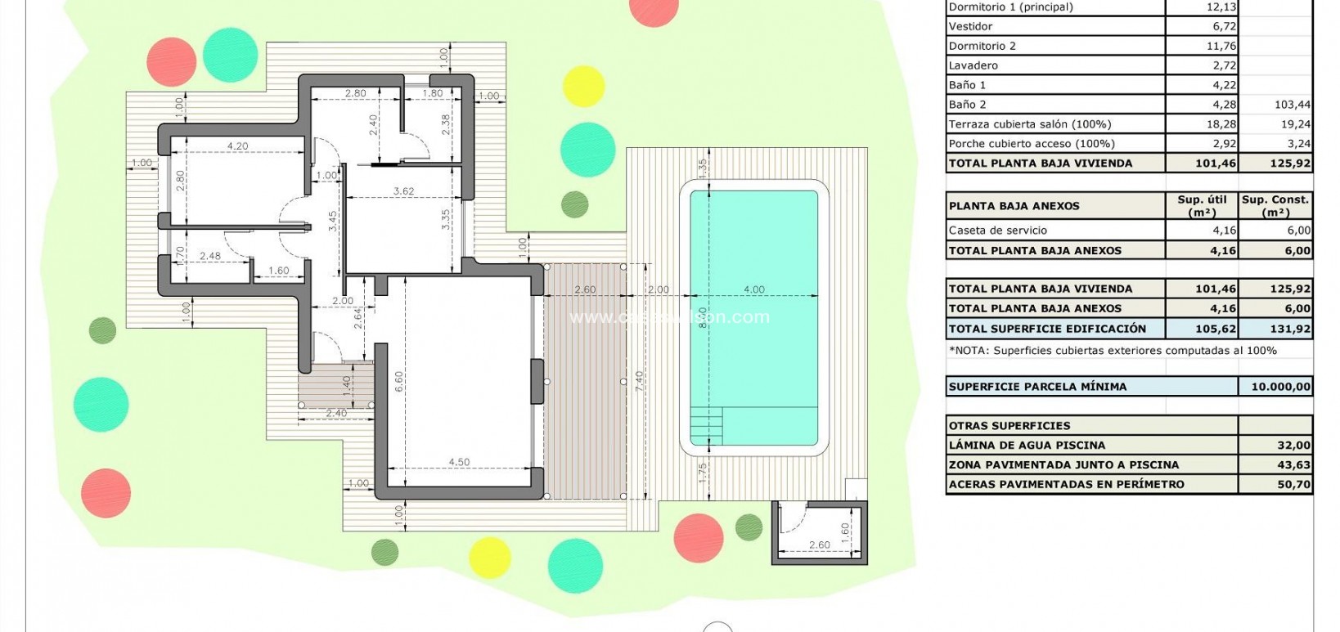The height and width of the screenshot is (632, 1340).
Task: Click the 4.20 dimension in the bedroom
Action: point(237,146)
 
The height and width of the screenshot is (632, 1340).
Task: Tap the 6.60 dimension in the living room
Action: point(398,382)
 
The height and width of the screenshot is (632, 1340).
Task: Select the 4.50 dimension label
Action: point(459,462)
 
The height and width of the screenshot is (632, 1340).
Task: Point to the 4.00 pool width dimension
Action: point(753,289)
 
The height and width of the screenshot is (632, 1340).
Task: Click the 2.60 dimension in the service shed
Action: point(819,545)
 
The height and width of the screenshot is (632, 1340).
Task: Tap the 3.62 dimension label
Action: point(403,191)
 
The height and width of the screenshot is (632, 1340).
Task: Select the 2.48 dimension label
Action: point(209,256)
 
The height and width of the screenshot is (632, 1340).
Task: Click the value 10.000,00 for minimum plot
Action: point(1279,387)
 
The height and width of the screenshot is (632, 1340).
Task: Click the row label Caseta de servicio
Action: point(997,231)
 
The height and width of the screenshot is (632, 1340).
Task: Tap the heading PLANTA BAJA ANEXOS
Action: point(1014,206)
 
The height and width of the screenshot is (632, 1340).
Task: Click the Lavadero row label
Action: point(973,65)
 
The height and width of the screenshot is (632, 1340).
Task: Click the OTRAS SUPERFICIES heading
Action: point(1009,426)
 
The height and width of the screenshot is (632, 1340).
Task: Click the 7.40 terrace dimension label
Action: point(640,381)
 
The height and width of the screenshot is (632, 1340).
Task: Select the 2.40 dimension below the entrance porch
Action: point(335,413)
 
